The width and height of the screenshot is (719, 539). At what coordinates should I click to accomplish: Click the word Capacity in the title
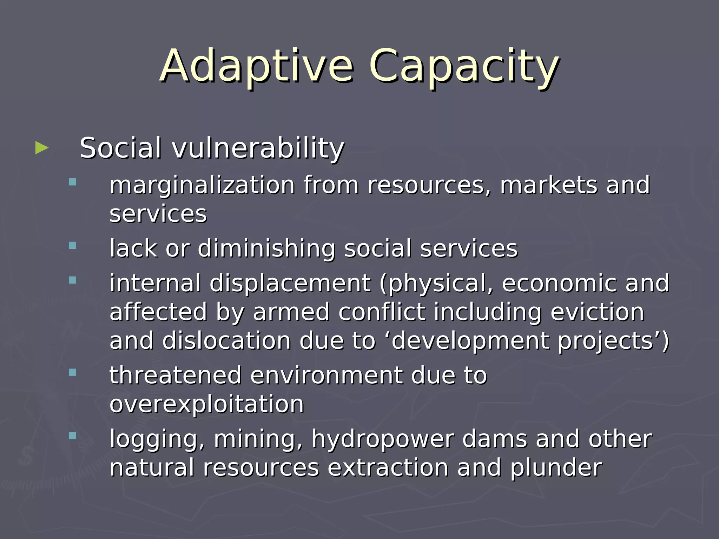[464, 67]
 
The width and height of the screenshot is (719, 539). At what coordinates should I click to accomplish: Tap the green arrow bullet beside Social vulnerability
[42, 148]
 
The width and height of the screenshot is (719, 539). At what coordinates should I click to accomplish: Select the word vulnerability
[258, 148]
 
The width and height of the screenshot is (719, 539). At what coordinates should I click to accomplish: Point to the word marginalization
[202, 185]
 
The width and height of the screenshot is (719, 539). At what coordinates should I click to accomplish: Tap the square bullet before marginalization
[73, 182]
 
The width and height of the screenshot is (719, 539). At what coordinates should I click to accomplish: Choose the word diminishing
[266, 248]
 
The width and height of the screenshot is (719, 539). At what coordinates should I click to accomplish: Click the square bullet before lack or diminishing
[73, 245]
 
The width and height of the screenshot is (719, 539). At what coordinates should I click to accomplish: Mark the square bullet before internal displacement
[73, 280]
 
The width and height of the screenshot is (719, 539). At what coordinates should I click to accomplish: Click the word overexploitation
[206, 404]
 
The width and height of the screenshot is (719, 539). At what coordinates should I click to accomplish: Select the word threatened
[176, 375]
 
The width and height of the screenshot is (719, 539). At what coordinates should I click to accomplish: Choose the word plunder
[556, 468]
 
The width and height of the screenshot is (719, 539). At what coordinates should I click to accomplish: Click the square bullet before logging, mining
[73, 436]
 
